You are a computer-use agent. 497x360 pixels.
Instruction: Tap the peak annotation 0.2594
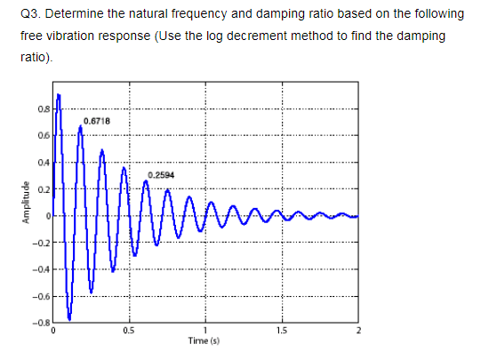pyautogui.click(x=161, y=175)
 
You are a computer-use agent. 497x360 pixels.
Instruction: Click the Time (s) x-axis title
pyautogui.click(x=205, y=340)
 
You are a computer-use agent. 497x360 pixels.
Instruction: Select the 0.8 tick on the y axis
pyautogui.click(x=44, y=109)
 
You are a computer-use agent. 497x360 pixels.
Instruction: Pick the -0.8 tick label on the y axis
pyautogui.click(x=42, y=321)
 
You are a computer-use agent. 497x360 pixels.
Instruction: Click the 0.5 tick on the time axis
pyautogui.click(x=129, y=331)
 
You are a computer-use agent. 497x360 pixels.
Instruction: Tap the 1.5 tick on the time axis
pyautogui.click(x=281, y=331)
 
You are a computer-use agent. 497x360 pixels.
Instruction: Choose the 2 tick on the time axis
pyautogui.click(x=357, y=331)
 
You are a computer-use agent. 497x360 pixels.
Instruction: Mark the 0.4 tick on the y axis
pyautogui.click(x=44, y=163)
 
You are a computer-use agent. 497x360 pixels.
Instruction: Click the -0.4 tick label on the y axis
pyautogui.click(x=42, y=268)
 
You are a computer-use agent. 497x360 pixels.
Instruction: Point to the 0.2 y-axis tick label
pyautogui.click(x=44, y=189)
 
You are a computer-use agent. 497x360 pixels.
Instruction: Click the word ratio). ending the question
pyautogui.click(x=35, y=57)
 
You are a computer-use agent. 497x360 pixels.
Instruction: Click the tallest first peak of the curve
pyautogui.click(x=59, y=94)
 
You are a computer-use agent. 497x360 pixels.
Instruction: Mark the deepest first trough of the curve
pyautogui.click(x=69, y=317)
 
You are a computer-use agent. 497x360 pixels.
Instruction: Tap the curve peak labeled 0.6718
pyautogui.click(x=80, y=126)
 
